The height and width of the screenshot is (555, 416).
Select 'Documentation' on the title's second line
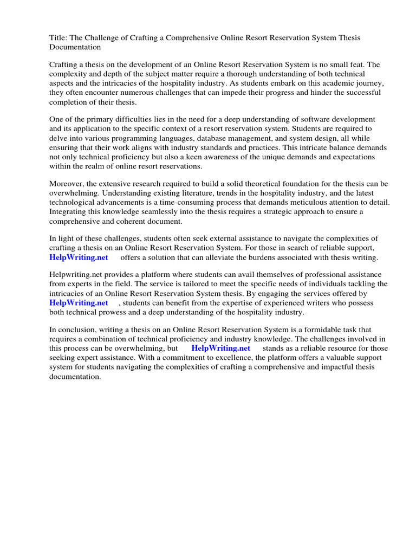[x=75, y=47]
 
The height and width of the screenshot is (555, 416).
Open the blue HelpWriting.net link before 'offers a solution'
[x=79, y=257]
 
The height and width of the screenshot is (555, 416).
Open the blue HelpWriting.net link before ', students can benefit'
[x=79, y=302]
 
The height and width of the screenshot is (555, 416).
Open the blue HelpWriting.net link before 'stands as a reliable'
[x=220, y=349]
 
